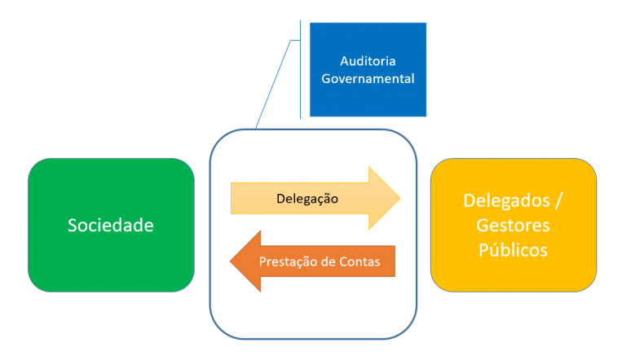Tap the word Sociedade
click(x=111, y=225)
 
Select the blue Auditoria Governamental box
click(x=367, y=69)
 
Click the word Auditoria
click(x=367, y=61)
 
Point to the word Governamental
click(x=367, y=79)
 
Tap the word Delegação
click(x=306, y=199)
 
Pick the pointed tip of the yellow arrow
click(x=399, y=199)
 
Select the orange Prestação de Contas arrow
click(x=318, y=261)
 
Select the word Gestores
click(x=513, y=225)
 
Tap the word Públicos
click(x=513, y=249)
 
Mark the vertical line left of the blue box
click(x=301, y=69)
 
